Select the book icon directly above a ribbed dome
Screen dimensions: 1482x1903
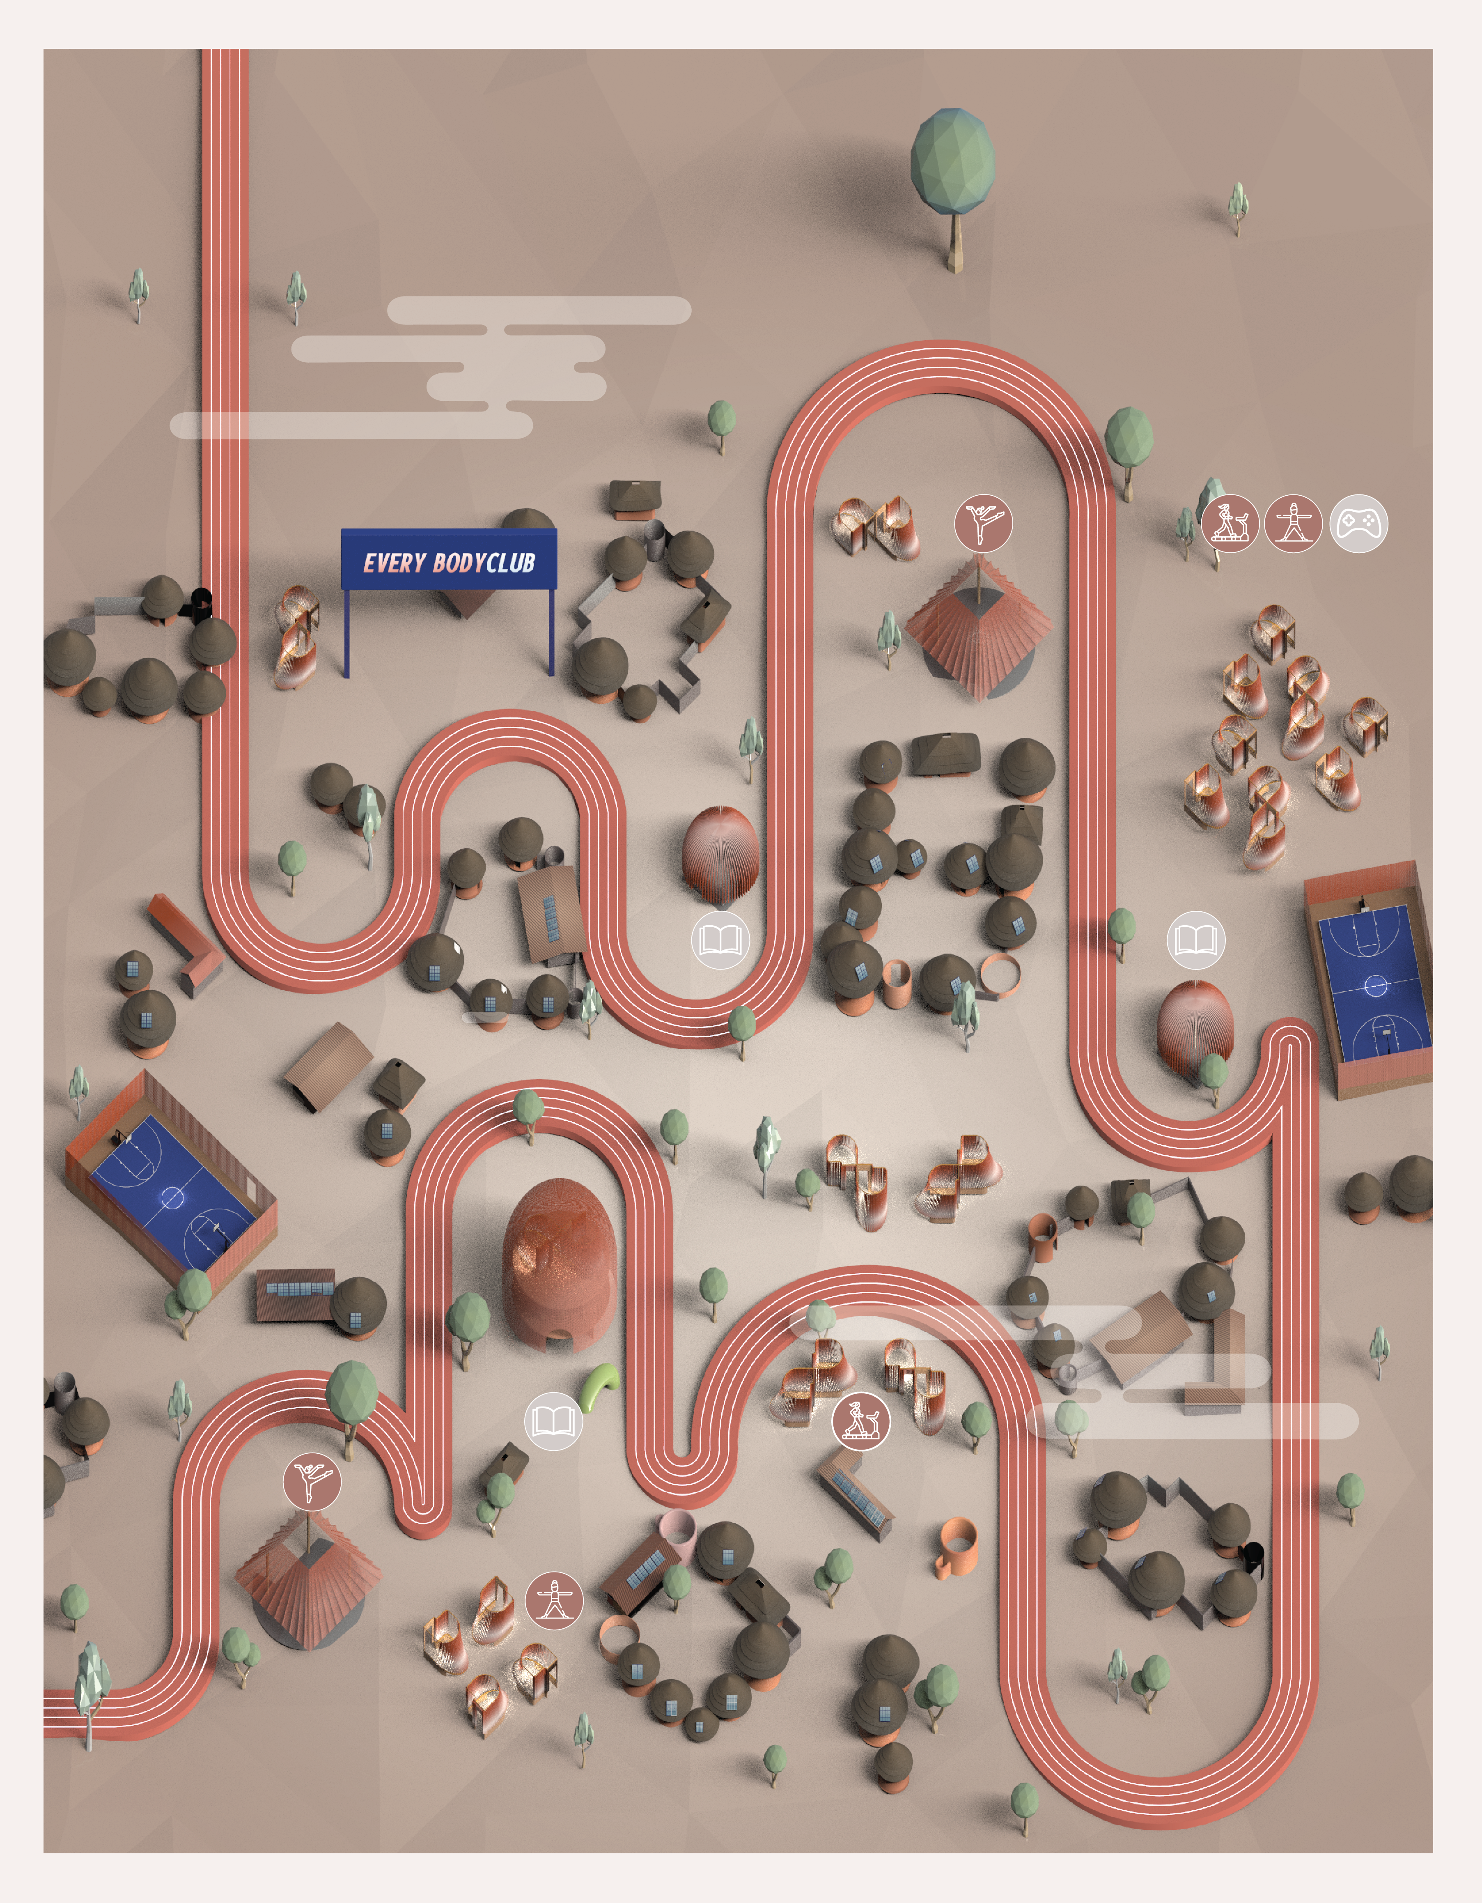coord(1195,940)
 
